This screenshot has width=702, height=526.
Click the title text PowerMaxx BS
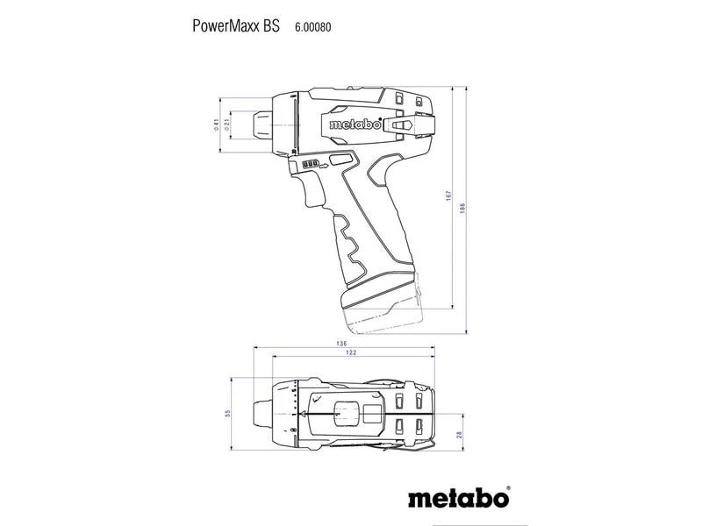click(236, 27)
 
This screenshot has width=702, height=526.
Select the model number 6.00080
click(312, 28)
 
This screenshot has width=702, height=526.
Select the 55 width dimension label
click(226, 413)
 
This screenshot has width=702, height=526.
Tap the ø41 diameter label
click(215, 125)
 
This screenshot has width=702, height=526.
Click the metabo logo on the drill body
click(355, 124)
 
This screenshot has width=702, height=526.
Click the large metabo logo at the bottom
click(458, 500)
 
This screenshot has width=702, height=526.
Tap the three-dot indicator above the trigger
click(312, 165)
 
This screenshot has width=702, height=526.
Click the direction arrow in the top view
click(304, 411)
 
